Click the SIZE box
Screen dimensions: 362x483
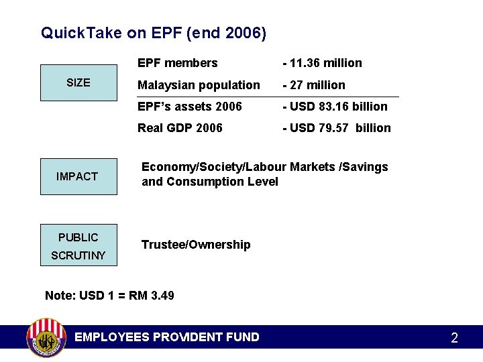click(x=78, y=82)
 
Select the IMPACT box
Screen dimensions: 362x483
click(x=78, y=176)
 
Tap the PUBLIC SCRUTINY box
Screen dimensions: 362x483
click(x=78, y=245)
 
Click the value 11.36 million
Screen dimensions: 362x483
click(x=323, y=63)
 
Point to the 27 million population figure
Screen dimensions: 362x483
click(x=315, y=85)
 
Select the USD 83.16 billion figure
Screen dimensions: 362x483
click(x=336, y=107)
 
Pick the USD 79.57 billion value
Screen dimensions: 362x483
click(x=337, y=128)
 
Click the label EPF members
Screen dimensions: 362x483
click(x=178, y=63)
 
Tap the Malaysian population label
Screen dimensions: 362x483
click(x=199, y=85)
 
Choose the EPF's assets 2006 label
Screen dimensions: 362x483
click(x=190, y=107)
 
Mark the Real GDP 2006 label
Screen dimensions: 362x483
click(x=180, y=128)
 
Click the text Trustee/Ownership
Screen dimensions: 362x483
click(x=196, y=245)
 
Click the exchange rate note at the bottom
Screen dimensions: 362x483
click(x=109, y=296)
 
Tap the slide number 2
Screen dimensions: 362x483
click(x=454, y=338)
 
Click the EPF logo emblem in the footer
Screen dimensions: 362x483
click(x=46, y=338)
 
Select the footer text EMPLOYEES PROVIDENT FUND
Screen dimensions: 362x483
click(x=167, y=337)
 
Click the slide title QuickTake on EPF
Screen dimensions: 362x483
click(x=154, y=33)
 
